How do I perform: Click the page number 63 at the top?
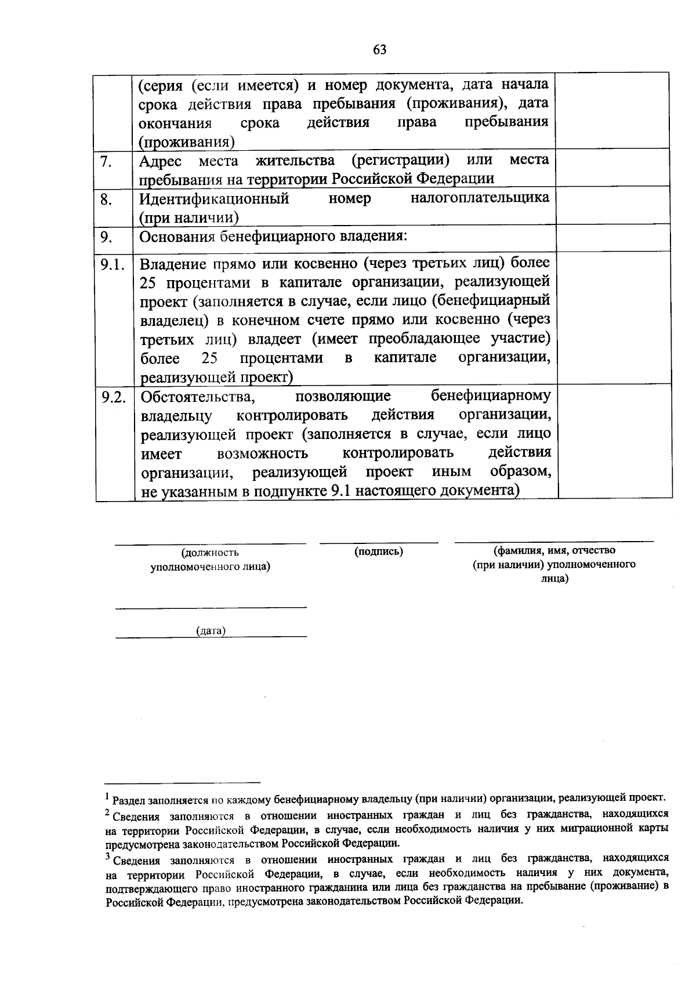tap(380, 49)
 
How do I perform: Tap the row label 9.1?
tap(113, 265)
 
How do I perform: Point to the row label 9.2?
tap(113, 397)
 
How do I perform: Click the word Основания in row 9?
tap(177, 237)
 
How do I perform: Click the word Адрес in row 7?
tap(160, 161)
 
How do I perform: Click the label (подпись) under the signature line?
tap(379, 551)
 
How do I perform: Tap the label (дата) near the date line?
tap(211, 630)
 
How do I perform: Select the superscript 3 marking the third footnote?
tap(108, 856)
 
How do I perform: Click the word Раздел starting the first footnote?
tap(129, 800)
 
